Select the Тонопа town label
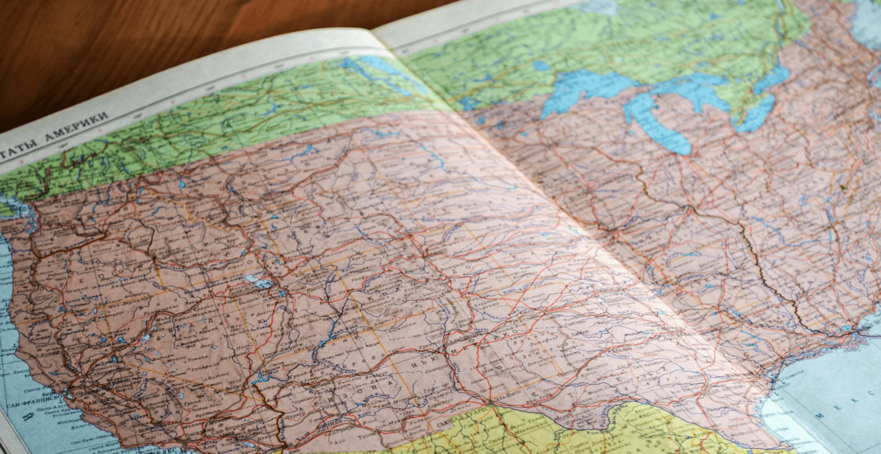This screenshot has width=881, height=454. coord(198,357)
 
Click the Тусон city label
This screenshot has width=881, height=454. coord(365,434)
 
